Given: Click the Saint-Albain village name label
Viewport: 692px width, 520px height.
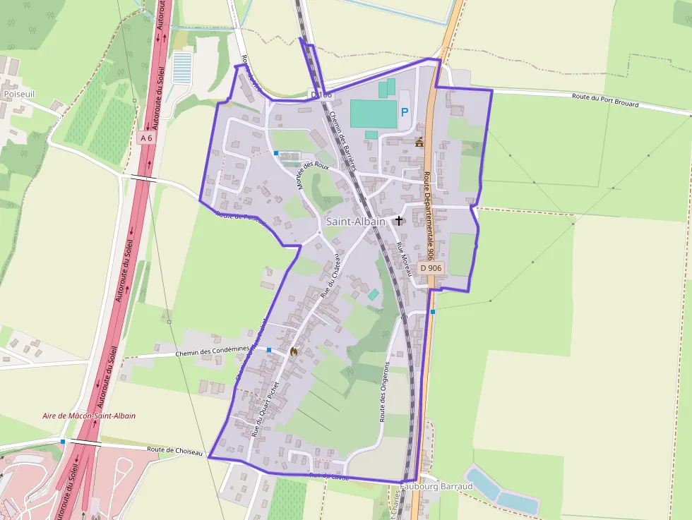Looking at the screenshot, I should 356,222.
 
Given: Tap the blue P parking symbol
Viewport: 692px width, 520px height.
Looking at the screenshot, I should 405,112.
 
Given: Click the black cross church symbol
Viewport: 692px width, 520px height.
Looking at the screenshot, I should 399,221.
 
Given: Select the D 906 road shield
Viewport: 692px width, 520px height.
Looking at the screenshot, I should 430,268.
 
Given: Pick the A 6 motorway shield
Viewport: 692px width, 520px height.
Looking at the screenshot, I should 146,138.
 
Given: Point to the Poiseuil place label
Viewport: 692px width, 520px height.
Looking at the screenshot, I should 19,93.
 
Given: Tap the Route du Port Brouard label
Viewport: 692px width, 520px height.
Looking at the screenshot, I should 605,100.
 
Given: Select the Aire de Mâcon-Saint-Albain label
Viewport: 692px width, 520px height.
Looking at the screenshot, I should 89,416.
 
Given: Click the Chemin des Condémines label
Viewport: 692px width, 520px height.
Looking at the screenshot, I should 212,352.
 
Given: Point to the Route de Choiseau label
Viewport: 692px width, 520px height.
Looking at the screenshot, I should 175,450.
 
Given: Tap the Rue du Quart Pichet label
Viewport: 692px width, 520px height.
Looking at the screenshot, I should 266,410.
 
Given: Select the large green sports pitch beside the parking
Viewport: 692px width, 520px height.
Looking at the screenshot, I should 374,114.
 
